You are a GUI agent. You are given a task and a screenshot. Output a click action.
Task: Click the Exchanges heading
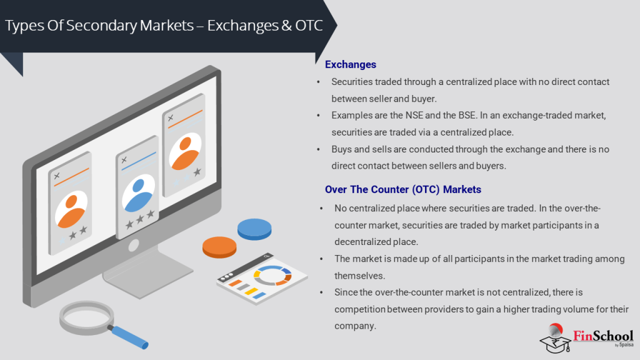point(350,64)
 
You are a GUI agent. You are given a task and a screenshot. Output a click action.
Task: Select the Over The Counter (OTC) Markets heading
point(403,189)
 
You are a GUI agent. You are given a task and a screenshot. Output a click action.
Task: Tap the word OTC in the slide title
point(309,25)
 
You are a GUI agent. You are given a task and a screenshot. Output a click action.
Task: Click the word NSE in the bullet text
point(414,116)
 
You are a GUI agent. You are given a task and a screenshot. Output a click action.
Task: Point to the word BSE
point(467,116)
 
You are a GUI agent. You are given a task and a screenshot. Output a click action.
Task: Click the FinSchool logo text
point(603,336)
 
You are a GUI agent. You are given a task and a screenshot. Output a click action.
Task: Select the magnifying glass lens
point(86,317)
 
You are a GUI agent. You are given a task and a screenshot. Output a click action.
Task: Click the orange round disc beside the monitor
point(219,247)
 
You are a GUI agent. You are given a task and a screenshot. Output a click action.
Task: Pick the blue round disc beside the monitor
point(254,229)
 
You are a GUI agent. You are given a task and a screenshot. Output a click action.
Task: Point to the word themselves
point(359,276)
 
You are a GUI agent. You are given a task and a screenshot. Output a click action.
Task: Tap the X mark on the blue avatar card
point(124,160)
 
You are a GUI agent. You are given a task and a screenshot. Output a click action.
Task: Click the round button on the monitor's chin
point(134,245)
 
